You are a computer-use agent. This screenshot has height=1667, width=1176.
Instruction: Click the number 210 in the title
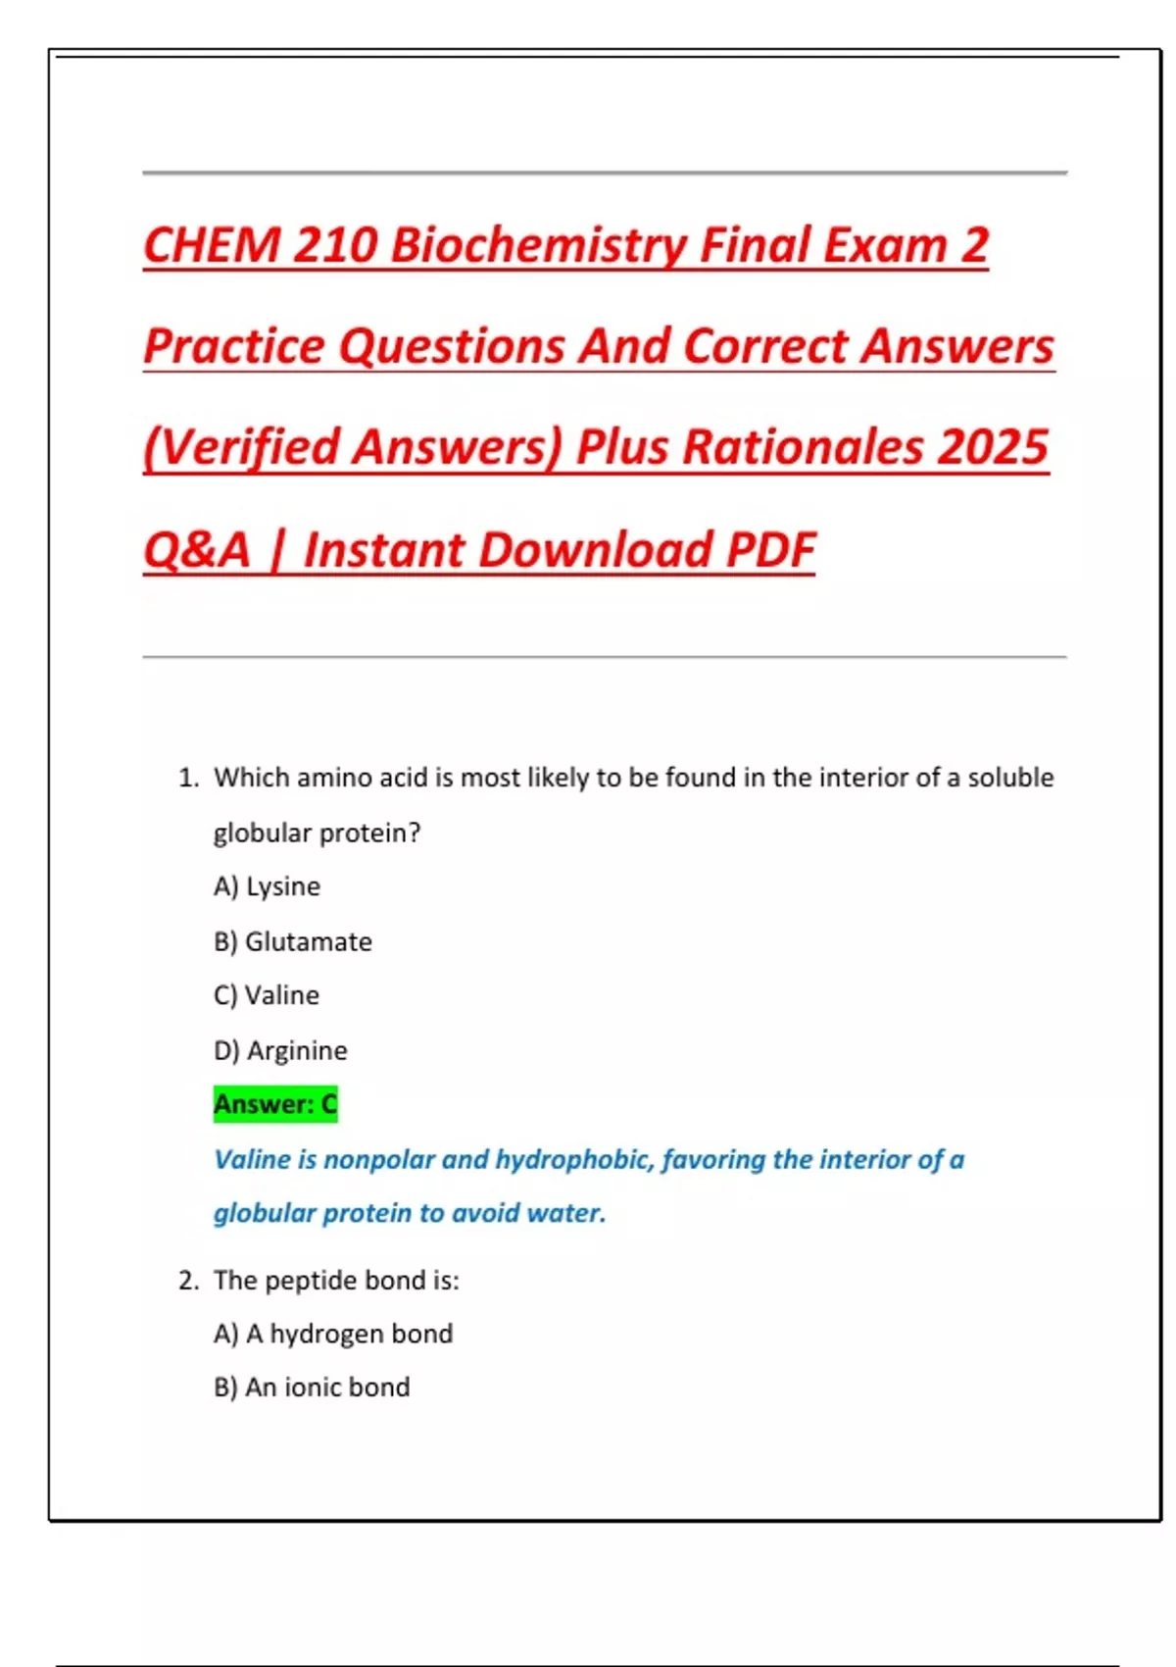coord(334,245)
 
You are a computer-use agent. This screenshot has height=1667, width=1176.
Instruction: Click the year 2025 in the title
coord(993,447)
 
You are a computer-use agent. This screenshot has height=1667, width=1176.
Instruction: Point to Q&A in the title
coord(197,549)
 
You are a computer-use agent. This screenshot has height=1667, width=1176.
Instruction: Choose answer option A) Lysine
coord(267,886)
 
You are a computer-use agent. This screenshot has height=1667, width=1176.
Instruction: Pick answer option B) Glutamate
coord(292,941)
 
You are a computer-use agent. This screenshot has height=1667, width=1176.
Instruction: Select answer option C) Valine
coord(266,995)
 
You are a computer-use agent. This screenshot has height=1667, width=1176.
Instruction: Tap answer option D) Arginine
coord(280,1050)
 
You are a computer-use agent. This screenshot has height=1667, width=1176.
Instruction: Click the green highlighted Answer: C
coord(275,1104)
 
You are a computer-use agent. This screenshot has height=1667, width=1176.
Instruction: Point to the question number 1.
coord(188,779)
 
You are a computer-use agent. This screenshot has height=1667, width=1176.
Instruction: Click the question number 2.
coord(188,1281)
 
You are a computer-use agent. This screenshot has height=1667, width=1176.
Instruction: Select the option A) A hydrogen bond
coord(333,1334)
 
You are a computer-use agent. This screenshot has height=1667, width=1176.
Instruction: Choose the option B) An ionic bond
coord(312,1388)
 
